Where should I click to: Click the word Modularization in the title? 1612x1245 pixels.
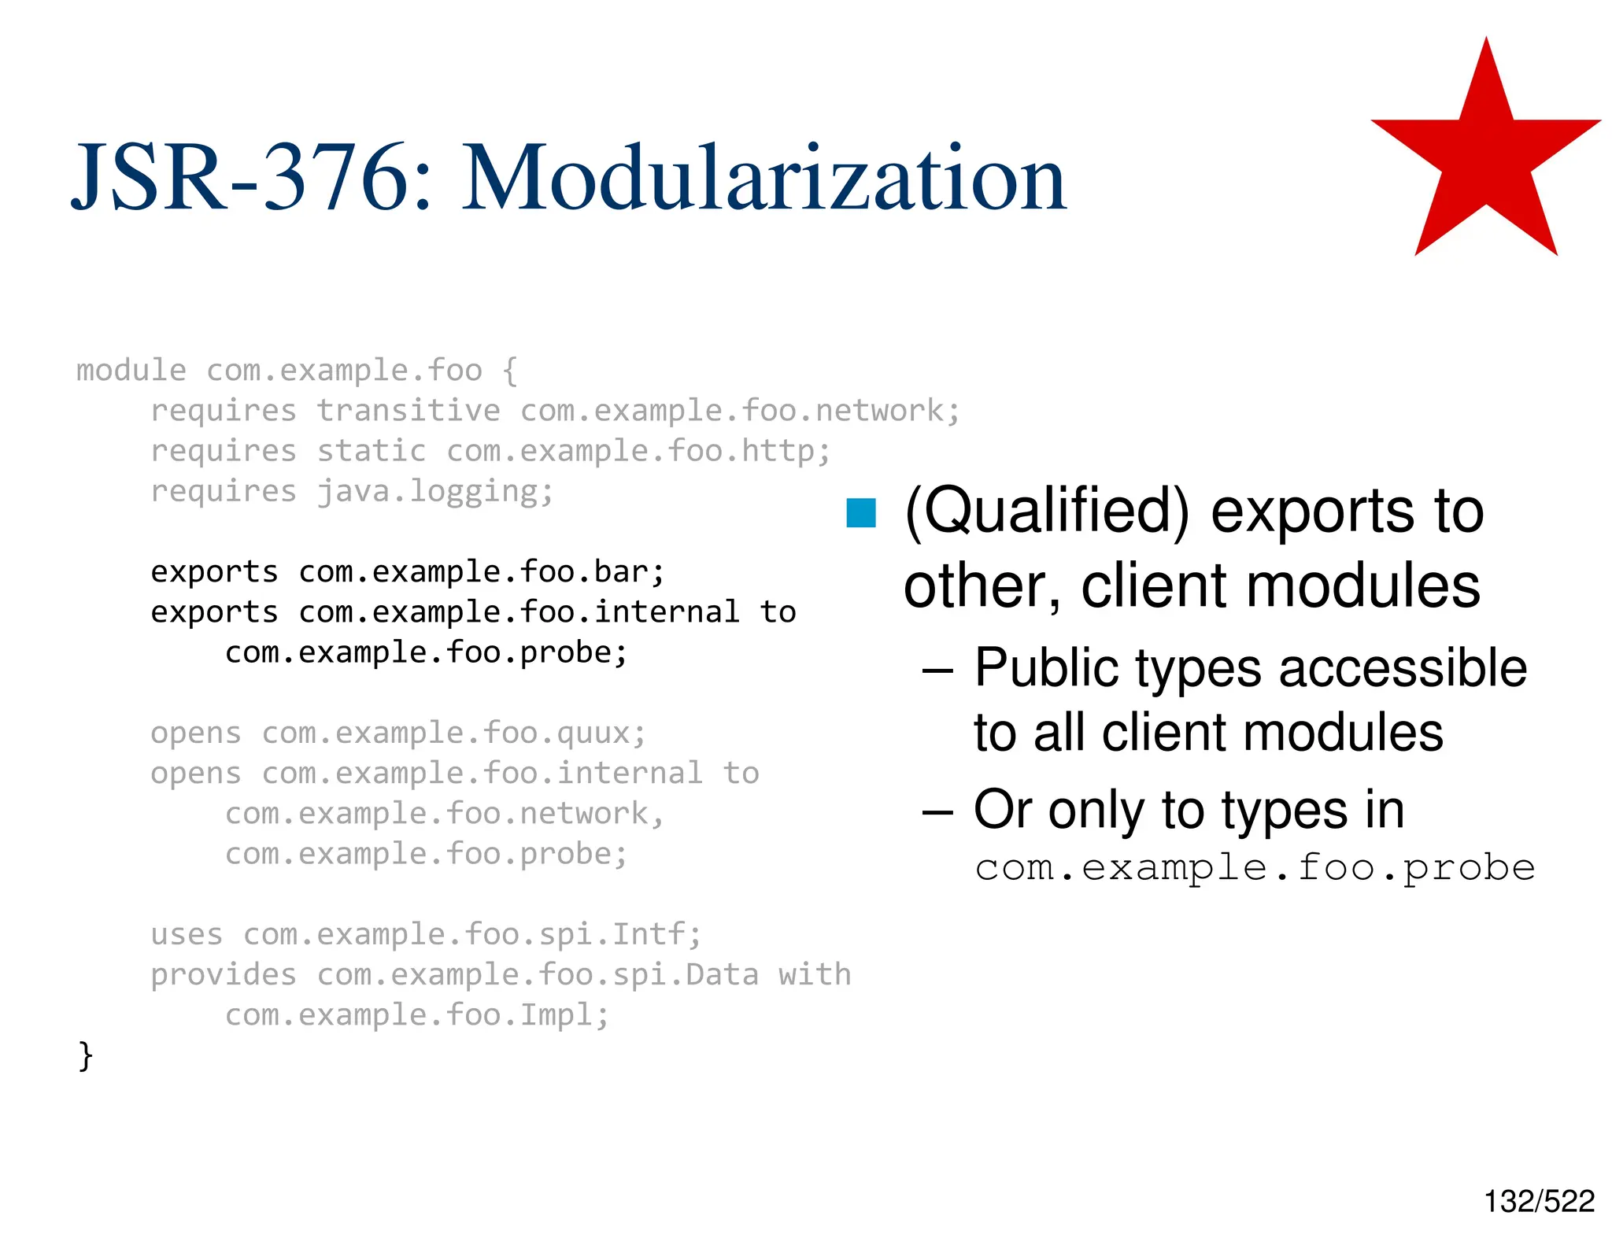click(763, 179)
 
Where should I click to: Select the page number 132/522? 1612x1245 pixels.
click(1539, 1201)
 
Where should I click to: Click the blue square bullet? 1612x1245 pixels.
click(861, 513)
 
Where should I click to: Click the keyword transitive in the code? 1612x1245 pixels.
click(408, 411)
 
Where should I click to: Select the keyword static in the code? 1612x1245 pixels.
click(371, 451)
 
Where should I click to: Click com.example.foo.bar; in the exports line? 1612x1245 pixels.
click(482, 572)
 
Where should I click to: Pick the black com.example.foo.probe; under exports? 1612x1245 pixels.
click(426, 652)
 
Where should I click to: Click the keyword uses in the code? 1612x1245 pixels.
click(187, 935)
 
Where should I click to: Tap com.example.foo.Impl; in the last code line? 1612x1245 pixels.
click(417, 1015)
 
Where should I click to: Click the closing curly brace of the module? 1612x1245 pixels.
click(86, 1055)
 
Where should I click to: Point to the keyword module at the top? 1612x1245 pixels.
click(131, 371)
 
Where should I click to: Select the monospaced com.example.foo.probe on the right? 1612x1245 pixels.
click(1255, 868)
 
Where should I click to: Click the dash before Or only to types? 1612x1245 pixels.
click(937, 811)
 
